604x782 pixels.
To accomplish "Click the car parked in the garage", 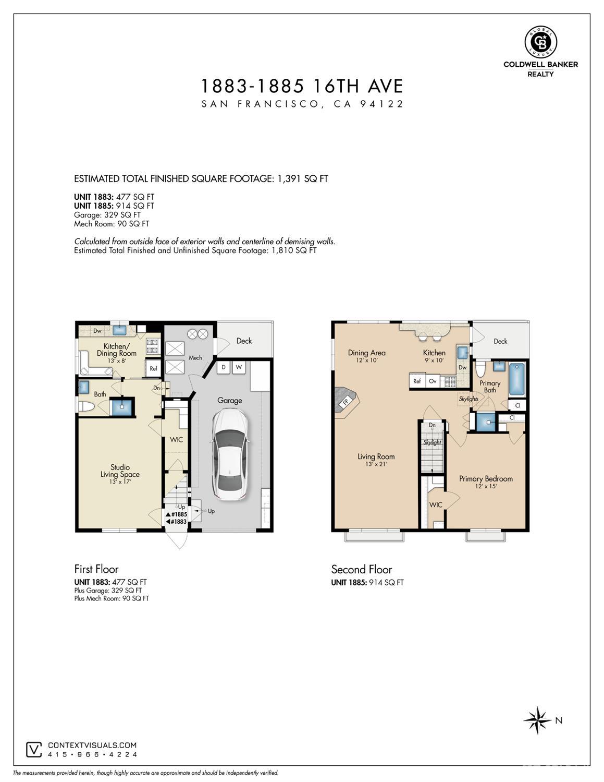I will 230,454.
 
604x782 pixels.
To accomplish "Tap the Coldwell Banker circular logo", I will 540,42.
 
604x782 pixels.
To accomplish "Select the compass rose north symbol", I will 537,720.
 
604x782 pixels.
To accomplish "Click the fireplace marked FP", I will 346,401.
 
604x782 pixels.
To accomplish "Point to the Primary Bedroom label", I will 486,478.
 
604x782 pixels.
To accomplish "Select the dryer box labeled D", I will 224,367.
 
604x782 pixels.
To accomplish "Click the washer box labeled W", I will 239,367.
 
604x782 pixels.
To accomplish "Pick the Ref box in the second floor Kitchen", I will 417,381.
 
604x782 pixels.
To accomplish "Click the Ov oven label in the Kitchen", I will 433,381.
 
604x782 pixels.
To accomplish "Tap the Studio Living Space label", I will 120,471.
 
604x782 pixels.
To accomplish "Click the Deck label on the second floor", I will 500,341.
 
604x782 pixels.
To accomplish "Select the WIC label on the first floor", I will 176,440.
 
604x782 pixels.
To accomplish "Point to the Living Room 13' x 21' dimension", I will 376,464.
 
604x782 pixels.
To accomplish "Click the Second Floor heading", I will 361,569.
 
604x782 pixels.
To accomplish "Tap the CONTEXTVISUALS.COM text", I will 92,745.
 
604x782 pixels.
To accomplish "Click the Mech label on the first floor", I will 195,357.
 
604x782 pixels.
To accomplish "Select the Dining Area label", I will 367,353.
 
